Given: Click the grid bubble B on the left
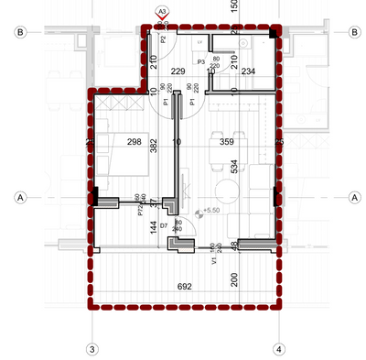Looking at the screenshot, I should click(18, 31).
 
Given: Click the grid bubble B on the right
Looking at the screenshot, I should click(353, 31).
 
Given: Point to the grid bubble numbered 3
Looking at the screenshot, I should click(91, 349).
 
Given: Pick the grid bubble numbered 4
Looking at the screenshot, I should click(278, 349).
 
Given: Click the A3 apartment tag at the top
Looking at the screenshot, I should click(162, 10).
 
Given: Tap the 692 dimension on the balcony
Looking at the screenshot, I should click(184, 287).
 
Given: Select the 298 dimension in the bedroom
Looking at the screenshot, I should click(135, 141).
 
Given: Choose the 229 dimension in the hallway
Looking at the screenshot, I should click(178, 71).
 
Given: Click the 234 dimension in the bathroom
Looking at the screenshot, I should click(248, 71).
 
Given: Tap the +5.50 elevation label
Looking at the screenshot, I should click(213, 212).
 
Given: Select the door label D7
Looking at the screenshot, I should click(164, 224).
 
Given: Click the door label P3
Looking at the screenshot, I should click(200, 61).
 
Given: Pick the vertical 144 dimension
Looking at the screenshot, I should click(154, 228).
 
